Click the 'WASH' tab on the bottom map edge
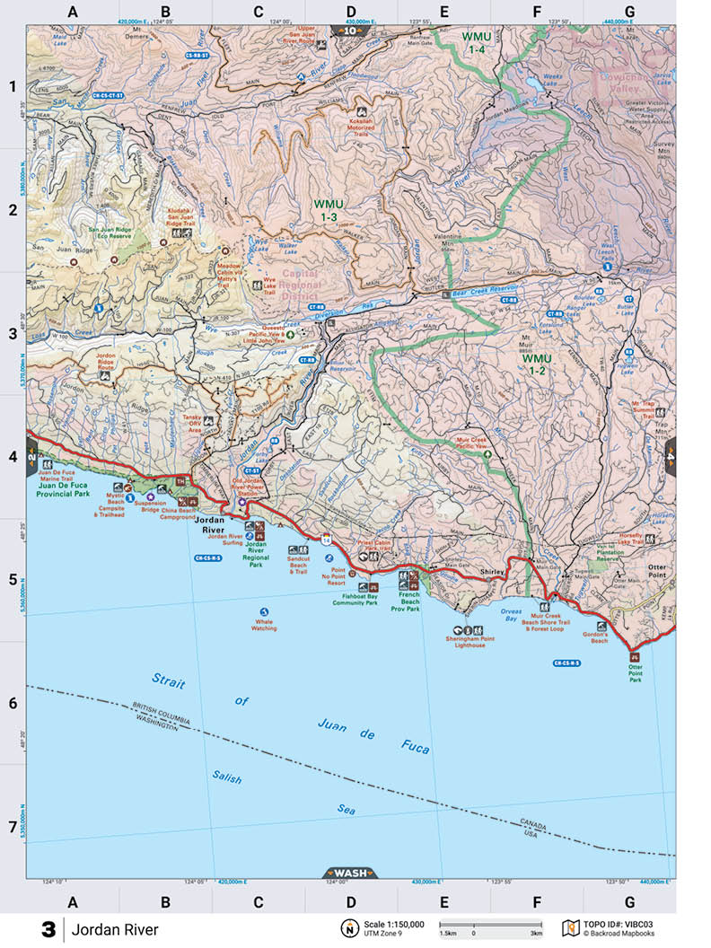[349, 873]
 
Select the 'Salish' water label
[227, 777]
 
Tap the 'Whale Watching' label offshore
[264, 625]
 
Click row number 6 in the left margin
[13, 703]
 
